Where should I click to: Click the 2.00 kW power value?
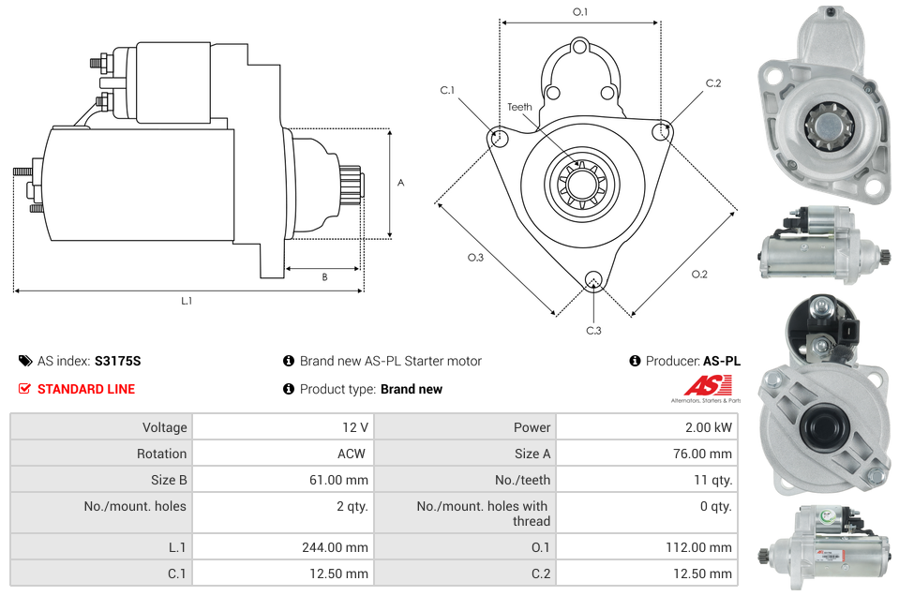[710, 427]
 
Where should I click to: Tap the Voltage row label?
[164, 427]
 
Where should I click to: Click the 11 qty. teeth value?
[710, 480]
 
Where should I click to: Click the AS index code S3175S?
[117, 361]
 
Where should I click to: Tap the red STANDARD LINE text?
[86, 389]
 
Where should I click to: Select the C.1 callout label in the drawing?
[447, 90]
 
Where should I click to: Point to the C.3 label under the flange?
[593, 330]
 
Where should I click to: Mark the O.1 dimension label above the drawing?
[580, 12]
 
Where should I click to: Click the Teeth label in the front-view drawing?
[519, 107]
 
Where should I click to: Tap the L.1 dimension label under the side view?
[187, 301]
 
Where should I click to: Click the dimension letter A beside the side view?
[400, 183]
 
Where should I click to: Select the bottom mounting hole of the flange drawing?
[592, 279]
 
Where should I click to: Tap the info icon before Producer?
[635, 361]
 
